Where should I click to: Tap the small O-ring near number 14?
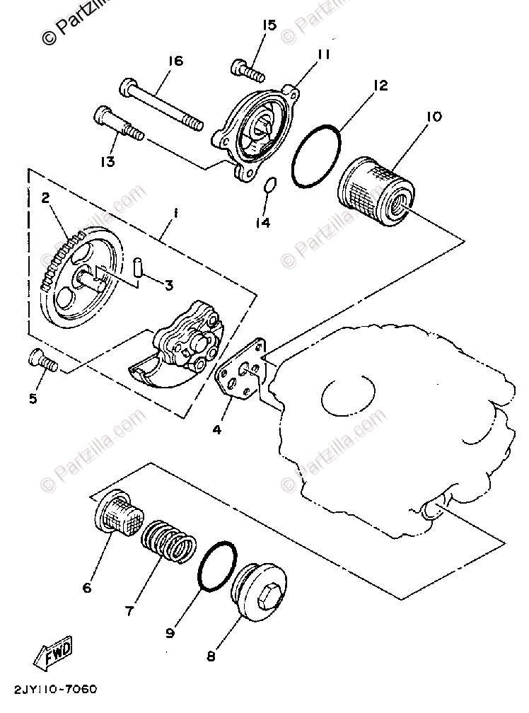coord(269,186)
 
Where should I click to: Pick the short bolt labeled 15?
coord(247,70)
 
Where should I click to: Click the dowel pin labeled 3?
coord(139,269)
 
